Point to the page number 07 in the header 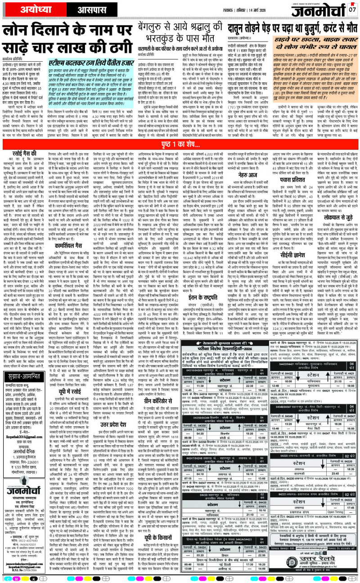[352, 9]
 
